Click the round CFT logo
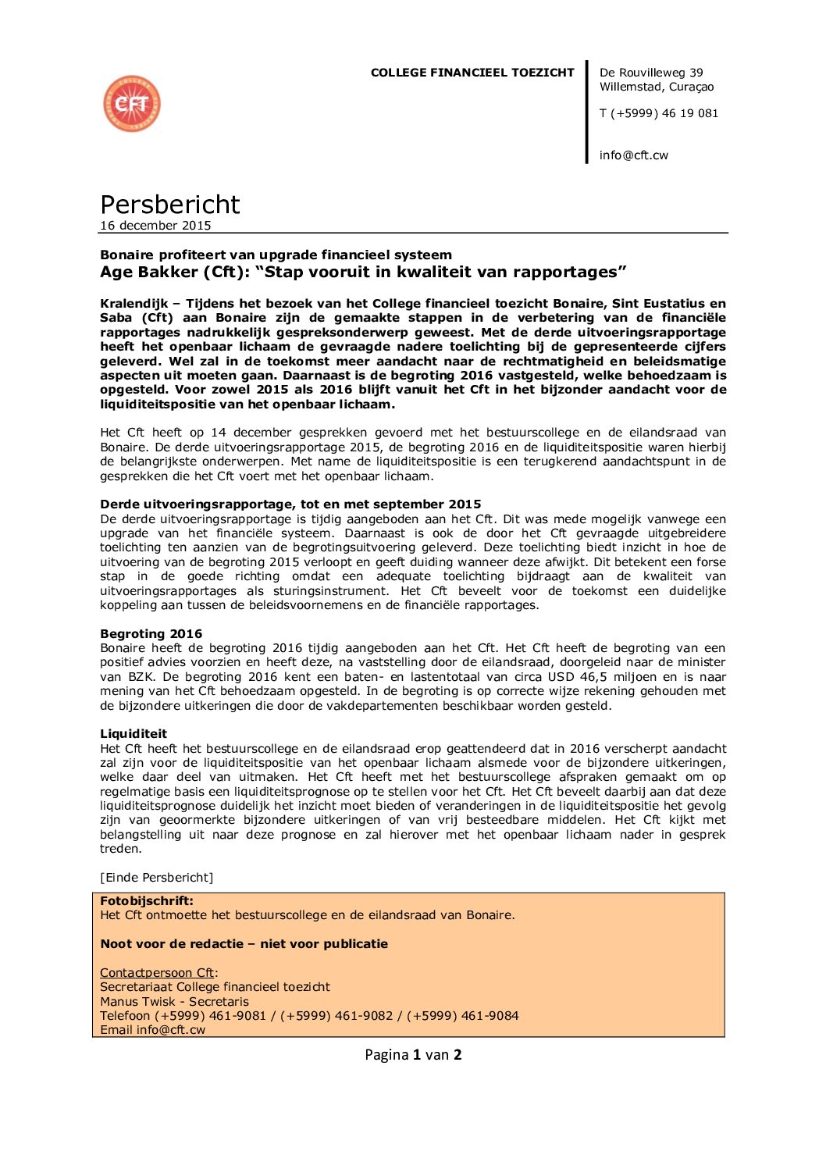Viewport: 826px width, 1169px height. tap(132, 104)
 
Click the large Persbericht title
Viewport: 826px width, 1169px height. tap(169, 205)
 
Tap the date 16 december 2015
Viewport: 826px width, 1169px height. tap(155, 226)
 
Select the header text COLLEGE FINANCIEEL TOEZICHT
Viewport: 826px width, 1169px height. tap(472, 73)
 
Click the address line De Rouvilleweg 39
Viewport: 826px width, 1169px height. tap(651, 73)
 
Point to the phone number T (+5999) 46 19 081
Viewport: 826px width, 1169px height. tap(658, 113)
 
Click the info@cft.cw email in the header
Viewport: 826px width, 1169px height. tap(633, 155)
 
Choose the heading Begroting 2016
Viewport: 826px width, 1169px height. tap(151, 634)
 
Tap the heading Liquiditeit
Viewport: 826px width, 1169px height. tap(133, 734)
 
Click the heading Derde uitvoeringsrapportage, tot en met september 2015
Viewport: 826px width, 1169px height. tap(290, 504)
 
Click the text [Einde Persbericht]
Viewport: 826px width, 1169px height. tap(156, 878)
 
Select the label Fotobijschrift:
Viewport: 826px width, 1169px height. tap(146, 901)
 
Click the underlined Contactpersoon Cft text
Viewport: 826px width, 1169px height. tap(157, 973)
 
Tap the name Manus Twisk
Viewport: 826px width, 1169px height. tap(137, 1002)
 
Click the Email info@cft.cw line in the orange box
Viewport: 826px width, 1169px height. tap(152, 1030)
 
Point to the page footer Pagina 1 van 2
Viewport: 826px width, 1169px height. tap(413, 1055)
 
